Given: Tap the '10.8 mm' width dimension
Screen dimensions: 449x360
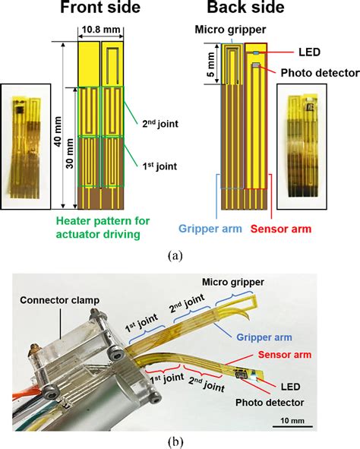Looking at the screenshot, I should click(x=100, y=31).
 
